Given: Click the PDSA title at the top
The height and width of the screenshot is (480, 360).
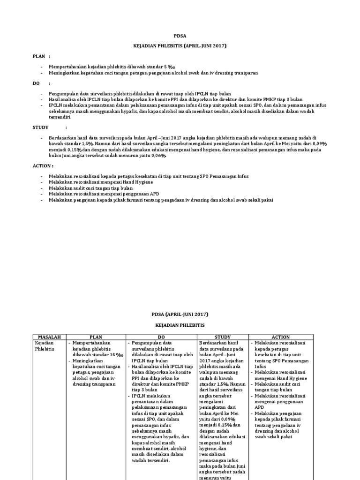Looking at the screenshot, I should pyautogui.click(x=180, y=35).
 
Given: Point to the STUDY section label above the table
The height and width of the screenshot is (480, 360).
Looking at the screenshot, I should pyautogui.click(x=41, y=127).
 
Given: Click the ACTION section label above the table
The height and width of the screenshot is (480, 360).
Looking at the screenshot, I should pyautogui.click(x=43, y=166).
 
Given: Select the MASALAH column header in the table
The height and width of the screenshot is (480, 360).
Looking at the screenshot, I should pyautogui.click(x=46, y=337).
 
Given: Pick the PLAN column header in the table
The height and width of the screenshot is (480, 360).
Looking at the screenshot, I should pyautogui.click(x=96, y=337).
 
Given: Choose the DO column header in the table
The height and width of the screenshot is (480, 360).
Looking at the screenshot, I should pyautogui.click(x=162, y=337).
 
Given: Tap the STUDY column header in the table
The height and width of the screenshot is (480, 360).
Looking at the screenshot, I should pyautogui.click(x=223, y=337).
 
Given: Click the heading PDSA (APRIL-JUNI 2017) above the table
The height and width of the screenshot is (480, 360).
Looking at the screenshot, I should pyautogui.click(x=180, y=314).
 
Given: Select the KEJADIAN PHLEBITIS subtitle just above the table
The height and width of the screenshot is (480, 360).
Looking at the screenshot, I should pyautogui.click(x=180, y=324).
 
